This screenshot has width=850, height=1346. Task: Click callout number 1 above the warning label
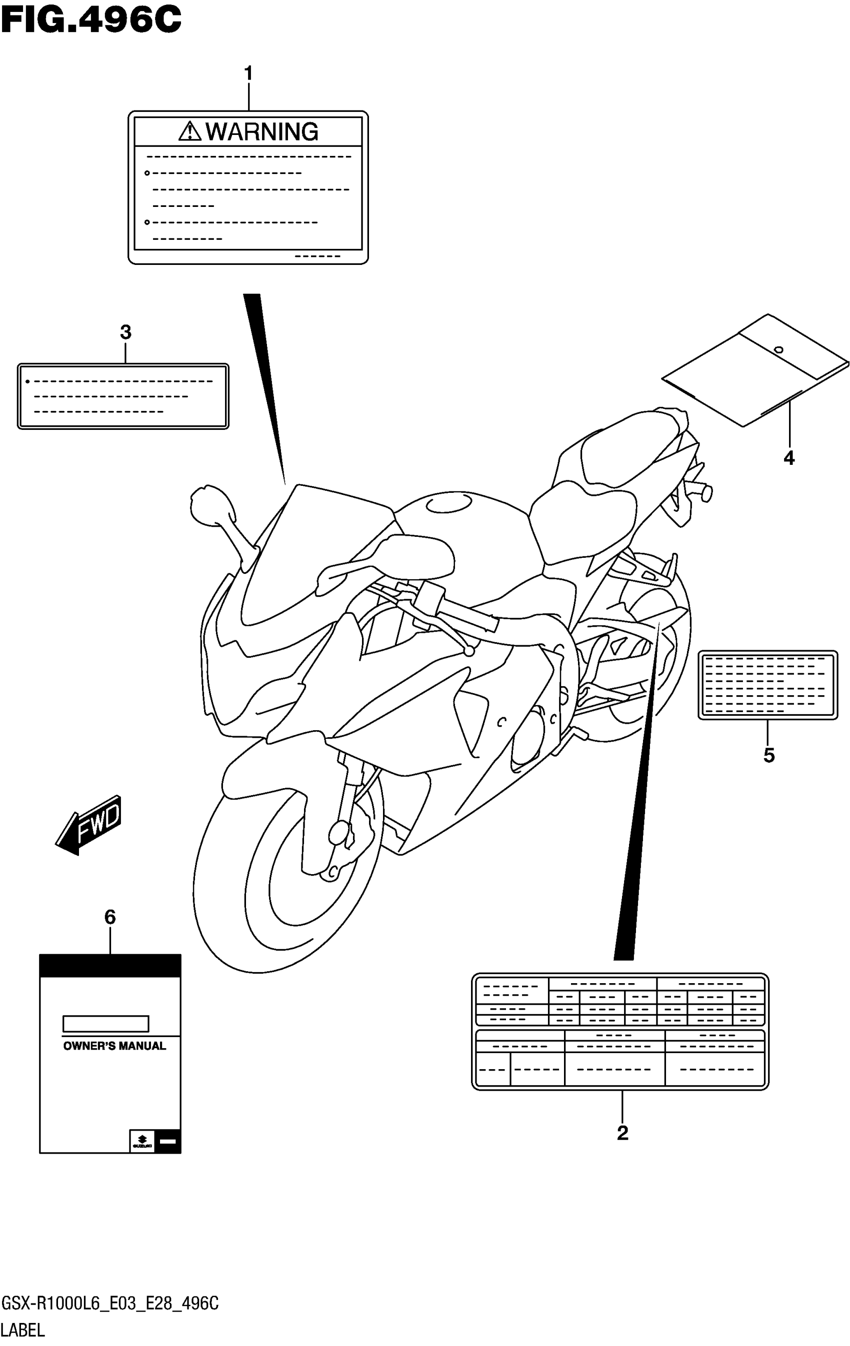tap(248, 73)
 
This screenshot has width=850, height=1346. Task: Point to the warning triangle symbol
tap(189, 131)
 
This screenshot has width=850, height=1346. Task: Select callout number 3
tap(125, 332)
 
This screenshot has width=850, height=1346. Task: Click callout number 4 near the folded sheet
tap(788, 458)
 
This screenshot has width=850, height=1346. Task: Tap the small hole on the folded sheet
tap(778, 350)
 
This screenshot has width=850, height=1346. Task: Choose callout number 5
tap(769, 756)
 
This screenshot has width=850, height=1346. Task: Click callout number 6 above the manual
tap(109, 917)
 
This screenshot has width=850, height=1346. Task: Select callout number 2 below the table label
tap(622, 1133)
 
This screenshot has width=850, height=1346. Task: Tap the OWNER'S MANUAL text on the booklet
tap(114, 1046)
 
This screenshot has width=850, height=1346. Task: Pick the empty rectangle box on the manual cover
tap(105, 1024)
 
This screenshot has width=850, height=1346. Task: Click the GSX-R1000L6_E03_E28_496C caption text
tap(110, 1304)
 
